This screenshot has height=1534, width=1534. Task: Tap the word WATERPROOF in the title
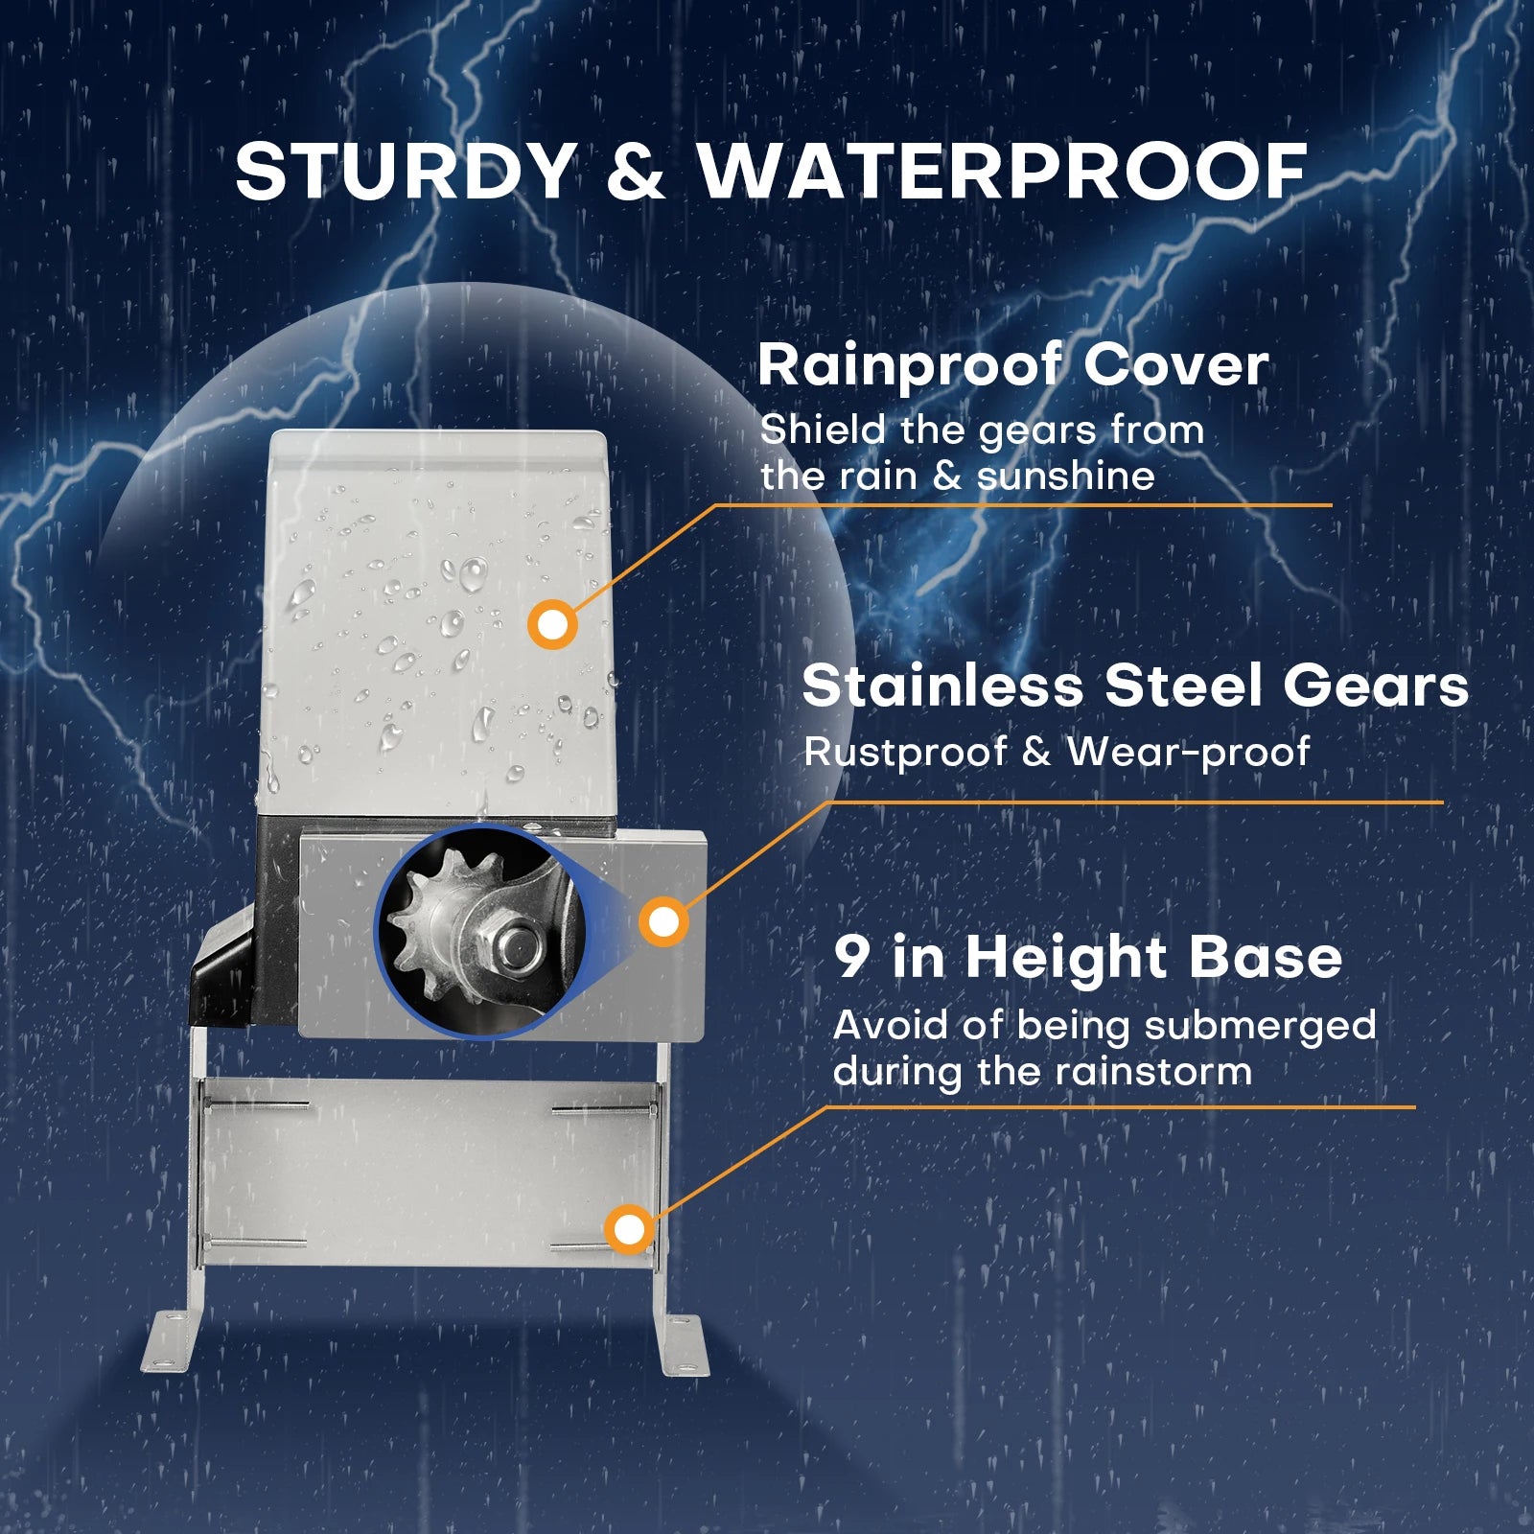pos(1002,172)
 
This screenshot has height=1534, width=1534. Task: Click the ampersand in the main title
pos(636,172)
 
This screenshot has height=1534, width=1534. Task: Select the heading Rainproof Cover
pos(1012,365)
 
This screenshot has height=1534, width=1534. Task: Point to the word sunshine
pos(1065,476)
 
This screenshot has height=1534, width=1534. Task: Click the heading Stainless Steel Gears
pos(1135,686)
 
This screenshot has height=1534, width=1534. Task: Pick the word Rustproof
pos(905,753)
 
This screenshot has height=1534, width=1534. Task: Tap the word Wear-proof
pos(1188,752)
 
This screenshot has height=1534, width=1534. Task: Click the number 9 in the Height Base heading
pos(851,957)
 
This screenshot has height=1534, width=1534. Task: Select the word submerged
pos(1260,1027)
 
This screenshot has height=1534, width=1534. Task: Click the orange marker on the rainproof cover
pos(552,625)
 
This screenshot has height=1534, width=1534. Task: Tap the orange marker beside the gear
pos(663,922)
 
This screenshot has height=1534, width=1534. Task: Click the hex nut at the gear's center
pos(508,944)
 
